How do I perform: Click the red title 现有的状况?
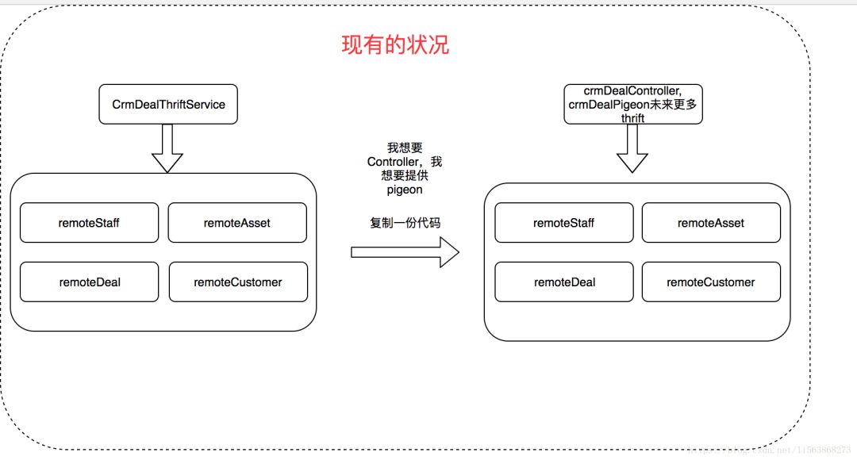pyautogui.click(x=394, y=44)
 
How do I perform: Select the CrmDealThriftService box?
pyautogui.click(x=168, y=104)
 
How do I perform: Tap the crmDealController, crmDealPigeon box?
pyautogui.click(x=633, y=104)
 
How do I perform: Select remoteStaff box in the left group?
pyautogui.click(x=89, y=223)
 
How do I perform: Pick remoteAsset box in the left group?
pyautogui.click(x=236, y=223)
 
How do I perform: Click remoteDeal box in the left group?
pyautogui.click(x=89, y=282)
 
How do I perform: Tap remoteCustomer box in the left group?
pyautogui.click(x=237, y=282)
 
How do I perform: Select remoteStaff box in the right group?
pyautogui.click(x=563, y=223)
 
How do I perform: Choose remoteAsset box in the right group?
pyautogui.click(x=710, y=223)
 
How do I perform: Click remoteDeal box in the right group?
pyautogui.click(x=564, y=282)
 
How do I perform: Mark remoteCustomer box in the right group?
pyautogui.click(x=710, y=282)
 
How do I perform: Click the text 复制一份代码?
pyautogui.click(x=405, y=223)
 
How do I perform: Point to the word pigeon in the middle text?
pyautogui.click(x=405, y=190)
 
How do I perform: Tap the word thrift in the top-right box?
pyautogui.click(x=632, y=118)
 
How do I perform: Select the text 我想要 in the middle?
pyautogui.click(x=405, y=148)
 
